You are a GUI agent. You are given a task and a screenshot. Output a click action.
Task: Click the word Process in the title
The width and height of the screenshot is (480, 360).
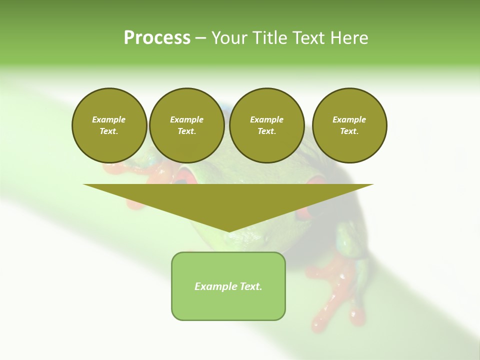(157, 38)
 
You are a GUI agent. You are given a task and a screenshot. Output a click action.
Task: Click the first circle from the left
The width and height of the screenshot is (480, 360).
(109, 125)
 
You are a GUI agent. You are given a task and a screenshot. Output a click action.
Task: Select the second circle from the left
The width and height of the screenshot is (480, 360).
(187, 125)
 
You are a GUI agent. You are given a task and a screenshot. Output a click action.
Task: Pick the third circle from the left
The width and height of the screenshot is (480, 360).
(267, 125)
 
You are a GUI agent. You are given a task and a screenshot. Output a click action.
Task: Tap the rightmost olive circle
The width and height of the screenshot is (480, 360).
(349, 125)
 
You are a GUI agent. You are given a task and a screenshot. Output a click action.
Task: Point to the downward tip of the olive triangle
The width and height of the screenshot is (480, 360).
(228, 232)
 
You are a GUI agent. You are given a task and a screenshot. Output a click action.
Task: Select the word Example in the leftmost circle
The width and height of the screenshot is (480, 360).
(109, 119)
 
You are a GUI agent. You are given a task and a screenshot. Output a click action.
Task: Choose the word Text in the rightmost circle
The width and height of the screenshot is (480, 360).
(349, 131)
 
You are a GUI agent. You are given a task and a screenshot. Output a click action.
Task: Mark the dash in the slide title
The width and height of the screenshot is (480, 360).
(201, 38)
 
